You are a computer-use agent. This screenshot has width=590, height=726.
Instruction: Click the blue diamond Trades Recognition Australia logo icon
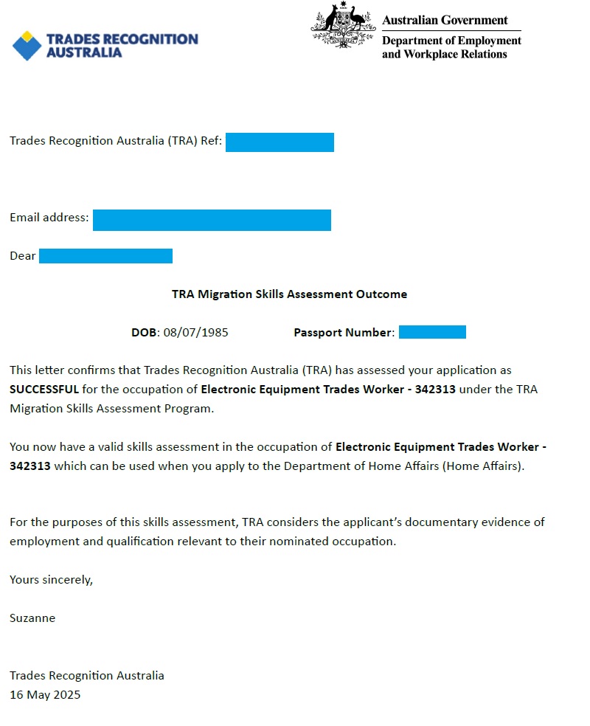(27, 45)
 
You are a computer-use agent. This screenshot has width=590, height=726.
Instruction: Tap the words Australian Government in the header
(445, 20)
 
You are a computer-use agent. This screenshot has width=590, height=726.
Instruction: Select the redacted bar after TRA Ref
(280, 142)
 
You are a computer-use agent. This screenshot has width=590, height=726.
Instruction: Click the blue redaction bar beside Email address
(212, 220)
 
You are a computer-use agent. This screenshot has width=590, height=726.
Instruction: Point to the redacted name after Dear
(105, 256)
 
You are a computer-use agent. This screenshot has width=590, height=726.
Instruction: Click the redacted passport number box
(432, 332)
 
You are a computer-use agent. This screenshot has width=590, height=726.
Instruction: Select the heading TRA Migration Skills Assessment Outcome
(289, 294)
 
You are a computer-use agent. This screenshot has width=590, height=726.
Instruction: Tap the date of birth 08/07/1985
(195, 332)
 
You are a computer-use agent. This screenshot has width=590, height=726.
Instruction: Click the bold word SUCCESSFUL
(44, 389)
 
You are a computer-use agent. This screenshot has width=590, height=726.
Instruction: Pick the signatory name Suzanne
(32, 618)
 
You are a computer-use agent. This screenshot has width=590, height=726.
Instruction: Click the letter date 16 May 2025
(45, 694)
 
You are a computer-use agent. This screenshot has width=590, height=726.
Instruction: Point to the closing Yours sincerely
(51, 579)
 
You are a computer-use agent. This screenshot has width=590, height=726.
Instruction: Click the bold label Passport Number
(343, 332)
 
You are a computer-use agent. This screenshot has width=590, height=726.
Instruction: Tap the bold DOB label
(144, 332)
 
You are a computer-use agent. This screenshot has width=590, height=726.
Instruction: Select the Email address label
(49, 218)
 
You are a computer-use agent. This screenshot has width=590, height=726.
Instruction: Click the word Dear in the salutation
(22, 256)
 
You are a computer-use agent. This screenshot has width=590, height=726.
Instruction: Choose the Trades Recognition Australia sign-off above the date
(87, 675)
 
